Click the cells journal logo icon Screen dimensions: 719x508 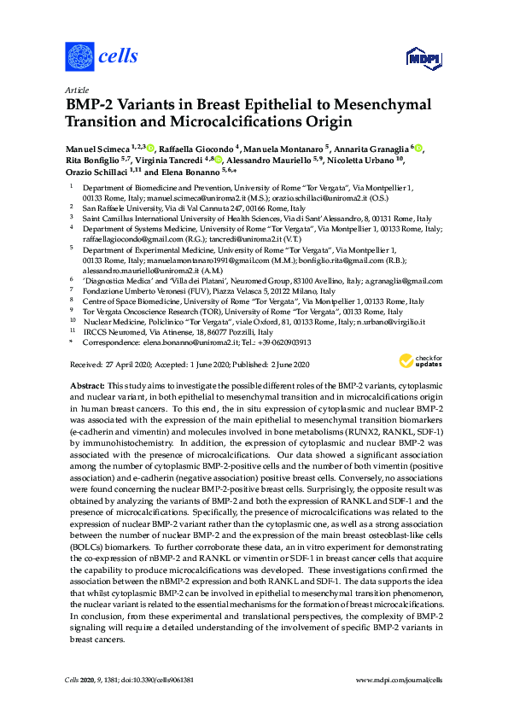point(79,57)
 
